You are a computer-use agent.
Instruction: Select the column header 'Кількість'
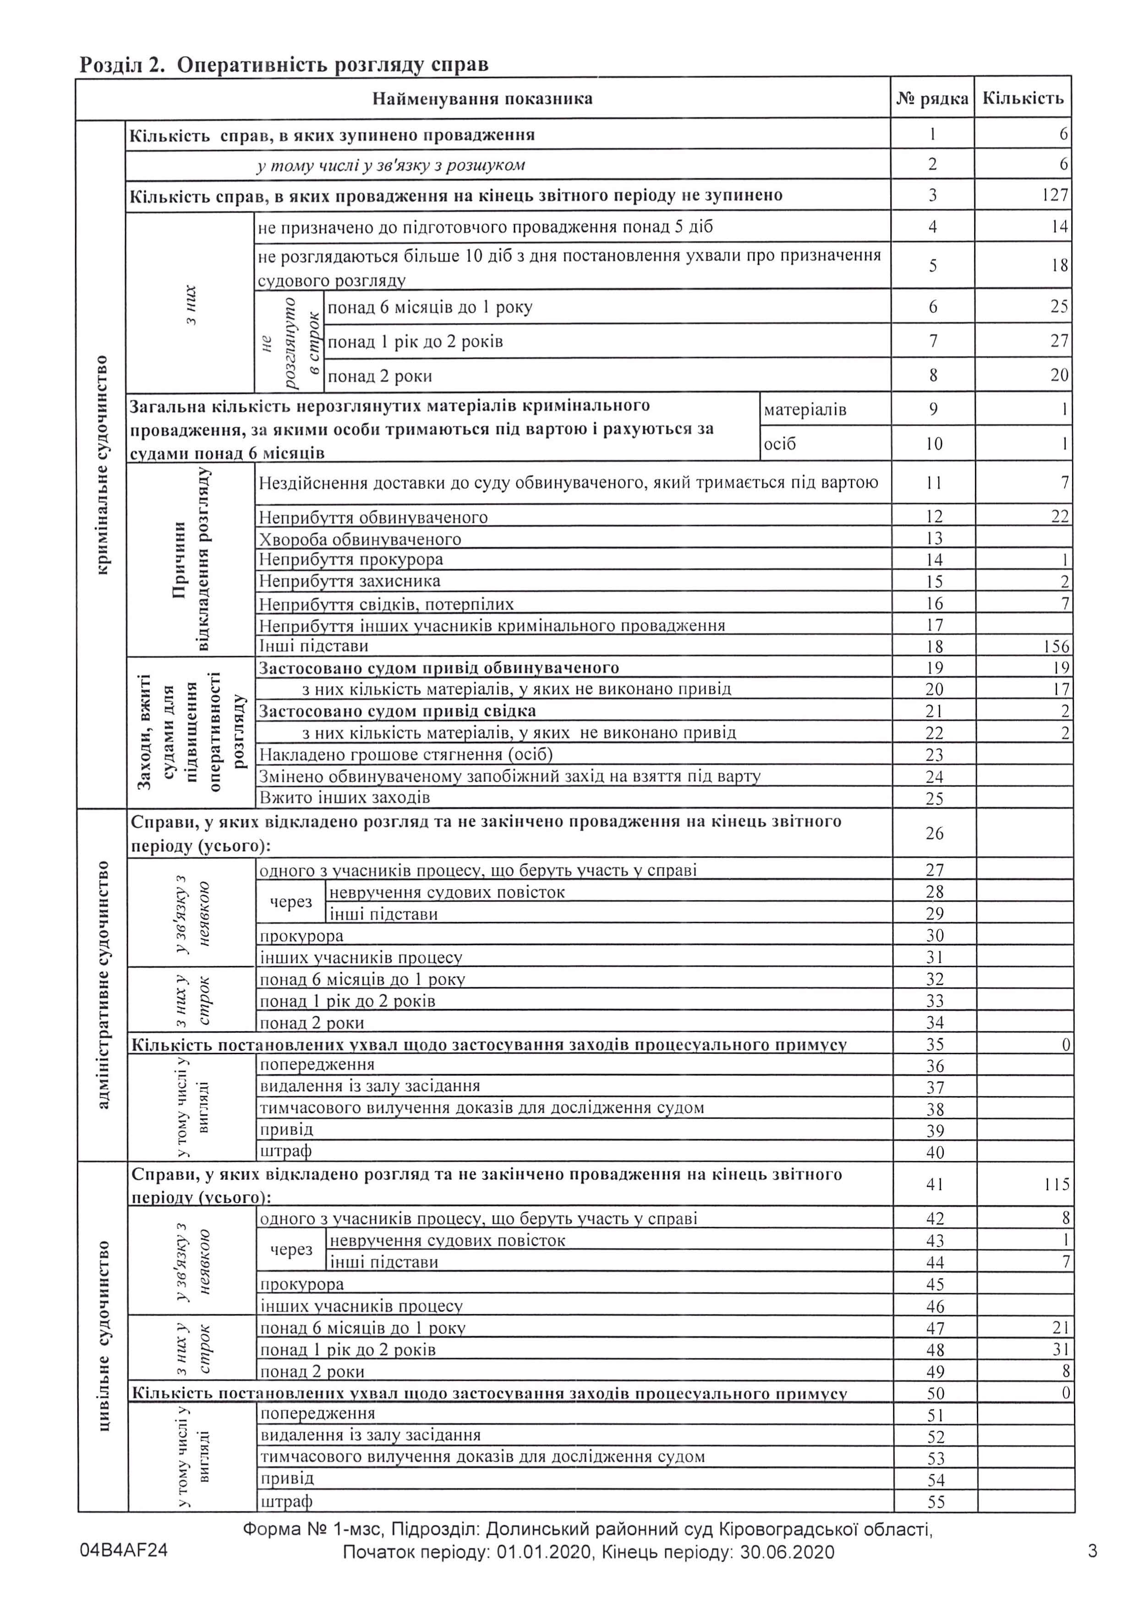tap(1023, 98)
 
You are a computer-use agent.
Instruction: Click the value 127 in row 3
tap(1054, 195)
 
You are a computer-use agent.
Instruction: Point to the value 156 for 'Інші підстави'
tap(1056, 646)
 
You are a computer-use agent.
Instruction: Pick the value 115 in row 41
tap(1056, 1185)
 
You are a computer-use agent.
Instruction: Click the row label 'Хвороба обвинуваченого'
tap(360, 539)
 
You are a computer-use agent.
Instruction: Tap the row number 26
tap(934, 833)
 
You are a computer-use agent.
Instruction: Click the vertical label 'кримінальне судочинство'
tap(102, 464)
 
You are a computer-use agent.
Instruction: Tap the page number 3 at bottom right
tap(1092, 1551)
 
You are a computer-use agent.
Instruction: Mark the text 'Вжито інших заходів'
tap(345, 798)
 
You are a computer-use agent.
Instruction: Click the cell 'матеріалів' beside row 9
tap(805, 410)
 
